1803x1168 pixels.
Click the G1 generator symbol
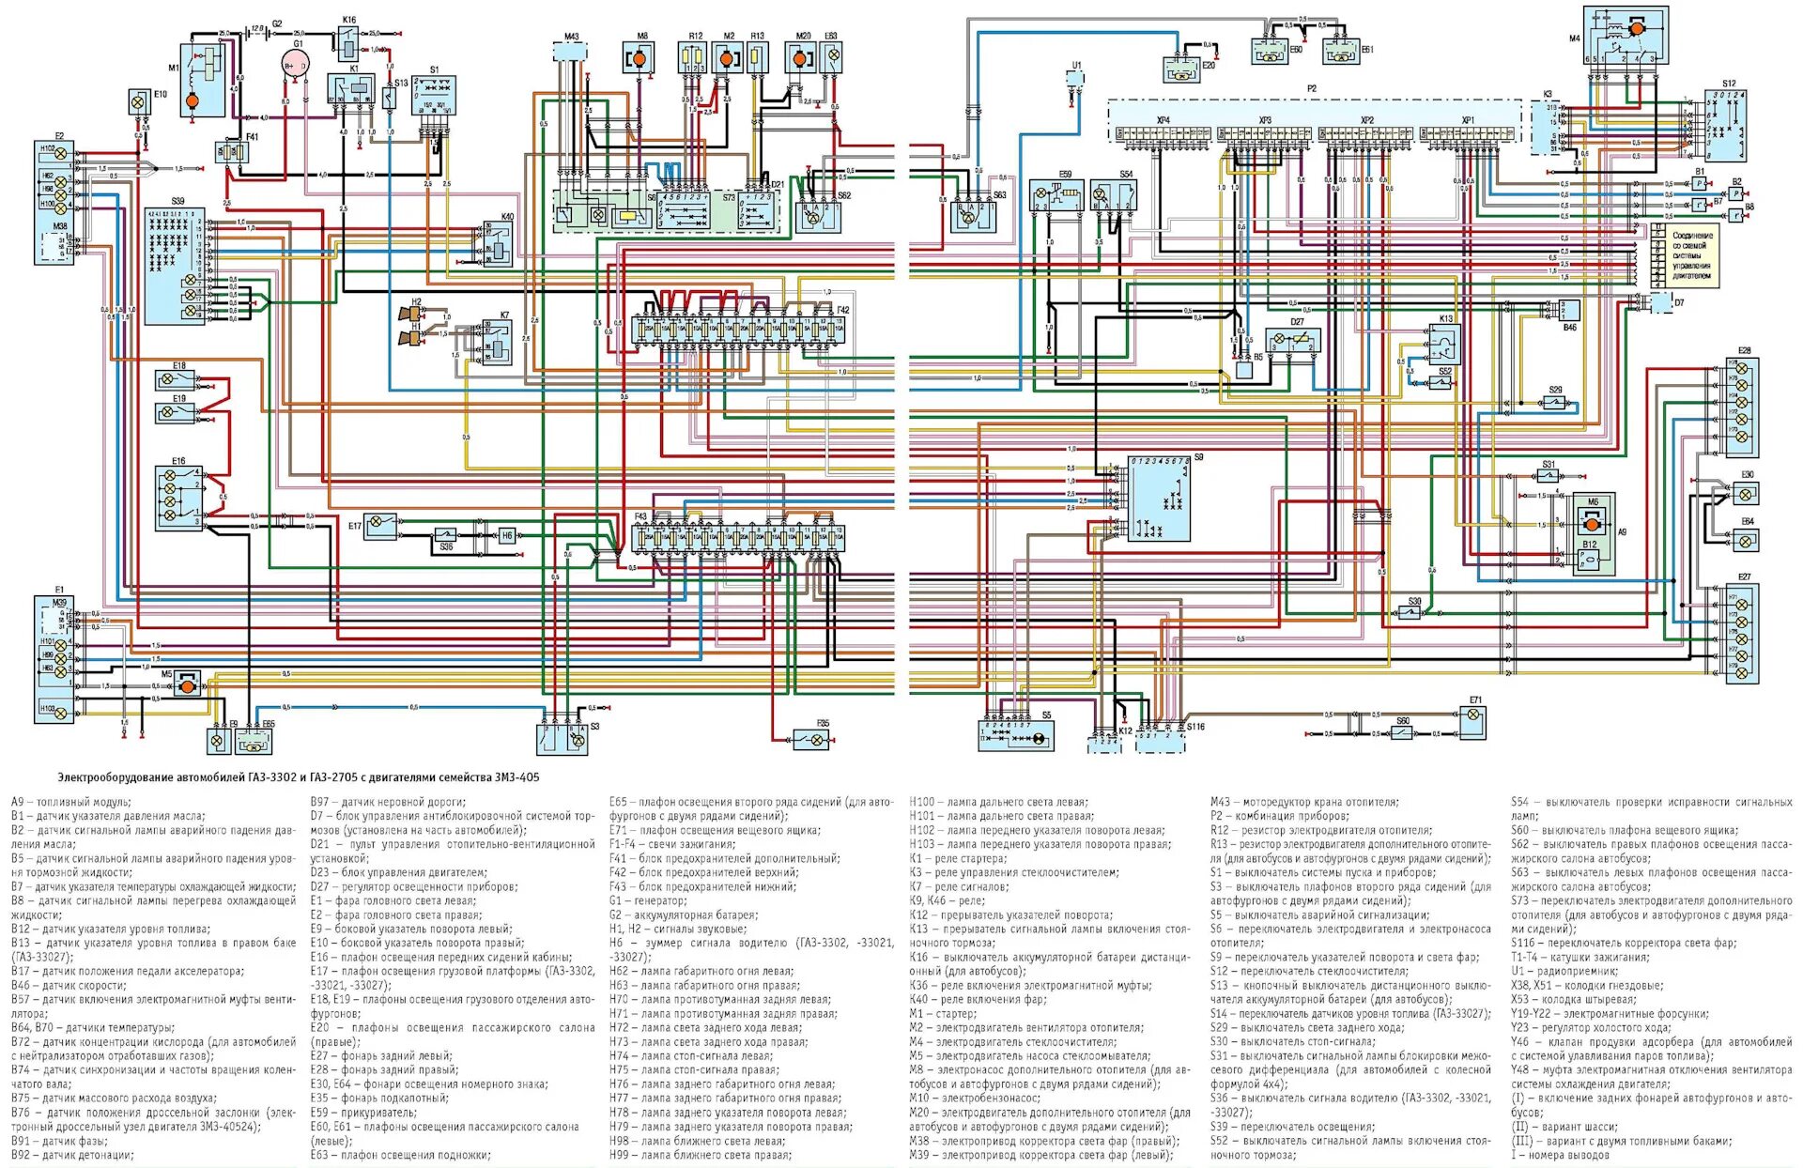(x=295, y=64)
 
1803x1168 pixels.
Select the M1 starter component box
(x=202, y=80)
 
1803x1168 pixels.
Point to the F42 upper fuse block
(x=739, y=329)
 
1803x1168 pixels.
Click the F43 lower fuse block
(x=739, y=538)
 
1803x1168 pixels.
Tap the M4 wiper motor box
(x=1626, y=37)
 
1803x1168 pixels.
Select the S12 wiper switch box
(x=1725, y=126)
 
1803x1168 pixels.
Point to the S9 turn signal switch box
(x=1159, y=499)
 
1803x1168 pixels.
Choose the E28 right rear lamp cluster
(x=1742, y=402)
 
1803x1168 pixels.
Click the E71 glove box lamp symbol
(x=1473, y=720)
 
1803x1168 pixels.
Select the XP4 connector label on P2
(x=1163, y=121)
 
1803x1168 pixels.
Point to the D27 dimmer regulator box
(x=1295, y=340)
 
